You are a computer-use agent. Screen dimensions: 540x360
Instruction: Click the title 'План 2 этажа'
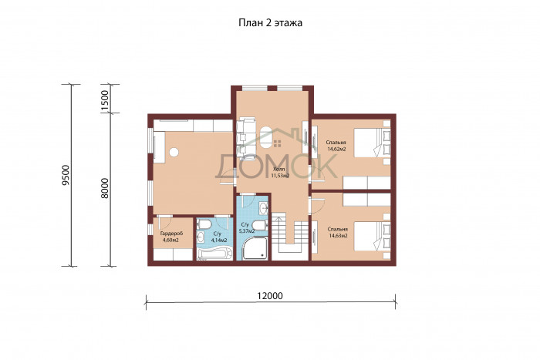(270, 22)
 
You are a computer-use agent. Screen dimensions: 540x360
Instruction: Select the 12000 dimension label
(270, 296)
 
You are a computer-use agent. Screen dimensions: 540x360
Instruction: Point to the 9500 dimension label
(66, 175)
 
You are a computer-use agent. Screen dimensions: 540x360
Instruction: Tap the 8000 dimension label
(105, 188)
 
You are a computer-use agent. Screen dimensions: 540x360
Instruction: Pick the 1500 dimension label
(105, 99)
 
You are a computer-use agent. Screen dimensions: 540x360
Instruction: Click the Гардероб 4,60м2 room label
(171, 237)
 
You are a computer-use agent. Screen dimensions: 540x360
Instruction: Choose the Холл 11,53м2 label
(279, 173)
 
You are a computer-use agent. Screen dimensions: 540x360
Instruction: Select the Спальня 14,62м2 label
(336, 146)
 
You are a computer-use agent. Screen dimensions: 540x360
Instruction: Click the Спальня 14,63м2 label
(338, 232)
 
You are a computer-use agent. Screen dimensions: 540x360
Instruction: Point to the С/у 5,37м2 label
(247, 228)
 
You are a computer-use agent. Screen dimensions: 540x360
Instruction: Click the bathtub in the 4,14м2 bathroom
(214, 254)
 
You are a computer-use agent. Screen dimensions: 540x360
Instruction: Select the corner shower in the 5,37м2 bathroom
(255, 248)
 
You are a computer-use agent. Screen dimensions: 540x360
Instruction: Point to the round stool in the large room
(174, 152)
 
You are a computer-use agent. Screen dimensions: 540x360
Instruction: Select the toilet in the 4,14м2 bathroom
(204, 225)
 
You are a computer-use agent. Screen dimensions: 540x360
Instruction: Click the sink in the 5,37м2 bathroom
(264, 208)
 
